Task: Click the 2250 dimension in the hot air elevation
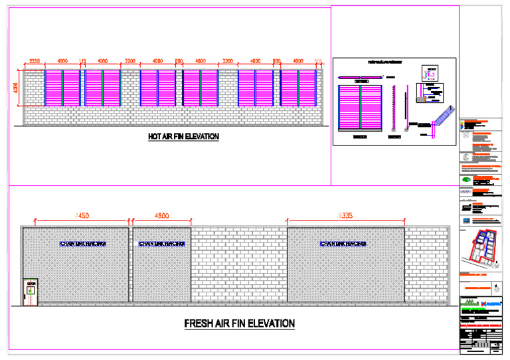click(35, 61)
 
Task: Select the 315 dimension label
click(82, 61)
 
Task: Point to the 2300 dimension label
click(129, 61)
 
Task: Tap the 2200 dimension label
click(228, 61)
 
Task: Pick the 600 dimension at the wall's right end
click(318, 61)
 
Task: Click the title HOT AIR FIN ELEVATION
click(183, 136)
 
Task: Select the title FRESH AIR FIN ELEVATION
click(239, 323)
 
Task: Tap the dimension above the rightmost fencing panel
click(345, 215)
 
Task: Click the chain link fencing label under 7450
click(82, 244)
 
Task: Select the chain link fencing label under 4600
click(162, 244)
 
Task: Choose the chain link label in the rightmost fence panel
click(343, 244)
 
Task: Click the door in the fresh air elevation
click(31, 292)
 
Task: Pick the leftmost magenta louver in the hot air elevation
click(53, 88)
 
